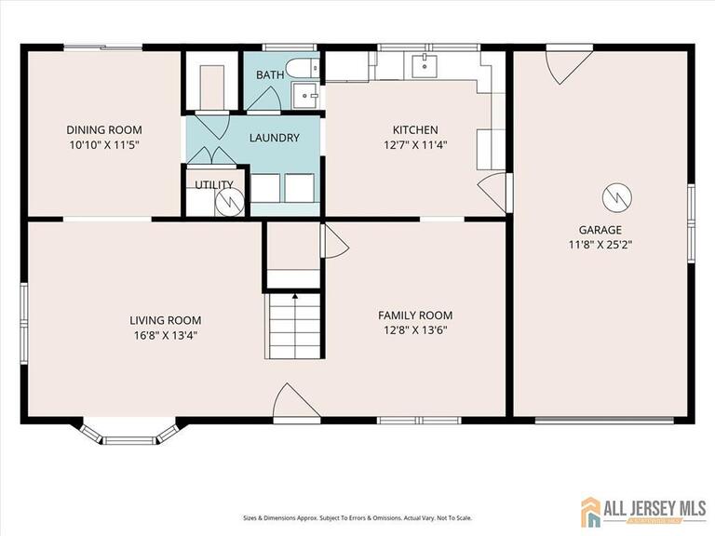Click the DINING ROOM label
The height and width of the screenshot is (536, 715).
(103, 129)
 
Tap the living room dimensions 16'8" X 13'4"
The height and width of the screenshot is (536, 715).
(165, 336)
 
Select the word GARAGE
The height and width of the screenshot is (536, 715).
(600, 230)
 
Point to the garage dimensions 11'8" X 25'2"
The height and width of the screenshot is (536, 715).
(600, 246)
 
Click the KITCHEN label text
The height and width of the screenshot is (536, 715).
(415, 129)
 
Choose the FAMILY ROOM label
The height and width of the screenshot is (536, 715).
(415, 315)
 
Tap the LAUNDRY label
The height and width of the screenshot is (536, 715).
(274, 138)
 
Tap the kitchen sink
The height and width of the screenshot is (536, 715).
(425, 64)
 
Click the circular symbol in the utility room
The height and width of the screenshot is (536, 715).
(229, 200)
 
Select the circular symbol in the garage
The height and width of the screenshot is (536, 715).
(616, 196)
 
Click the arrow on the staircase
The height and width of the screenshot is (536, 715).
(295, 299)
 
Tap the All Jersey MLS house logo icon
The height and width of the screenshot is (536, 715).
(590, 510)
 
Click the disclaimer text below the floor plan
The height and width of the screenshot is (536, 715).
(357, 491)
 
